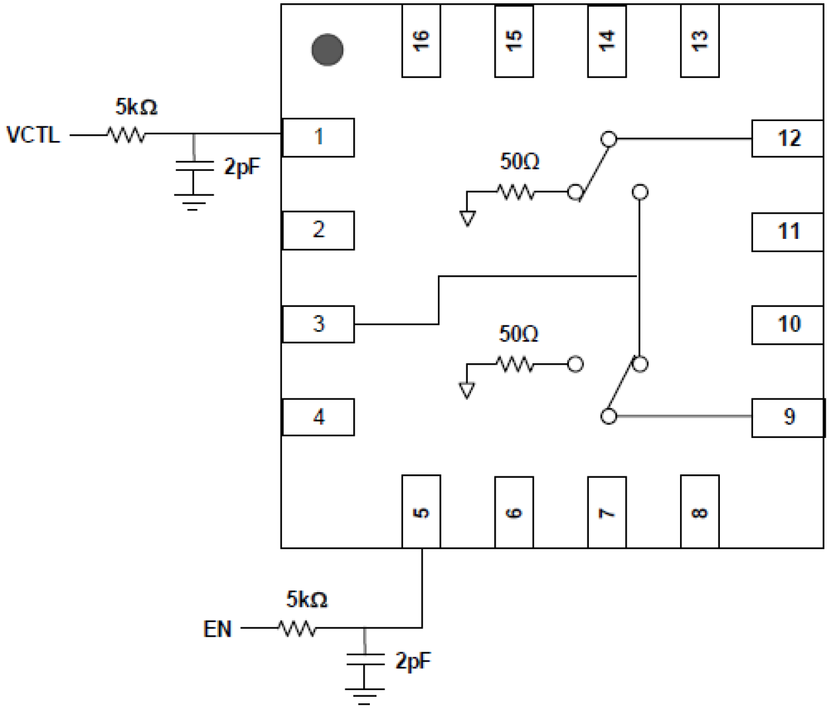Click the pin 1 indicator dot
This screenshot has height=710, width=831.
coord(327,50)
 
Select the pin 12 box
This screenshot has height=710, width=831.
coord(787,138)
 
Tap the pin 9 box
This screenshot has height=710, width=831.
coord(787,417)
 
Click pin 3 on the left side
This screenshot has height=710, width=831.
coord(318,324)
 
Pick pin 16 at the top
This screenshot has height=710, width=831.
coord(421,41)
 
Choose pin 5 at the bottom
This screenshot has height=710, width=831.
coord(421,511)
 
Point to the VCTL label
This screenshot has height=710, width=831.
coord(33,135)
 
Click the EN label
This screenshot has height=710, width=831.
coord(218,629)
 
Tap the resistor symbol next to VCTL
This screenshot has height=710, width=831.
coord(127,135)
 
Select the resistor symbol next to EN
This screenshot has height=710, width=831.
coord(298,629)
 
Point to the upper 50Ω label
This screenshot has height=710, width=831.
coord(519,161)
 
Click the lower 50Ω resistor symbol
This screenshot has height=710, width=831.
coord(515,364)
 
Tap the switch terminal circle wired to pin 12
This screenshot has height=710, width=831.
coord(609,139)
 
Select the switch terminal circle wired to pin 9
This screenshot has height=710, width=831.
coord(609,416)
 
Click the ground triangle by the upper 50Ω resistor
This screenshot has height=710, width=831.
coord(467,218)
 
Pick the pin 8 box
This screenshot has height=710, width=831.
coord(699,511)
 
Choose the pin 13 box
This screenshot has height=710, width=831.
coord(699,41)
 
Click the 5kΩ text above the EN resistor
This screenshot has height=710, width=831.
coord(306,599)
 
